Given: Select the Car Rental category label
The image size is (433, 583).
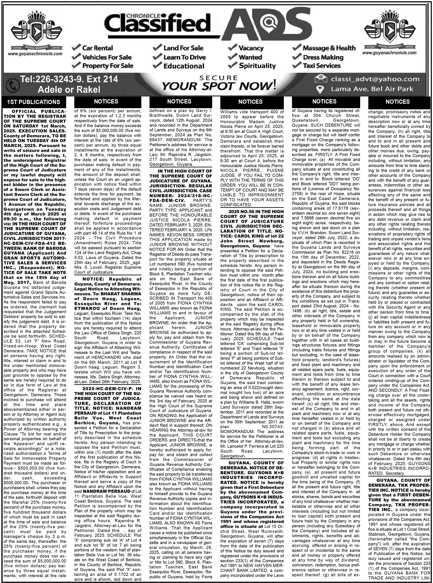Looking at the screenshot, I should click(97, 48).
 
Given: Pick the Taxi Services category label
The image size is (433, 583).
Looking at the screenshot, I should click(322, 66).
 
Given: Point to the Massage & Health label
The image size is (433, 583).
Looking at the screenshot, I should click(329, 48).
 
